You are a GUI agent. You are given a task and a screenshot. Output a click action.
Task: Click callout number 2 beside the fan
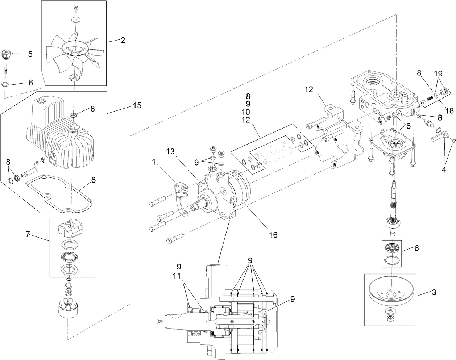[x=123, y=40]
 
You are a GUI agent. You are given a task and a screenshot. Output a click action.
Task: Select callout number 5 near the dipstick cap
[x=30, y=54]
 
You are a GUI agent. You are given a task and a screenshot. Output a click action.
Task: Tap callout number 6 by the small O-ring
[x=30, y=83]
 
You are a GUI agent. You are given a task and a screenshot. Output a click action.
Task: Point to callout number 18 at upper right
[x=449, y=111]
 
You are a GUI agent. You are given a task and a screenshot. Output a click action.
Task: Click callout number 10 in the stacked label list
[x=248, y=112]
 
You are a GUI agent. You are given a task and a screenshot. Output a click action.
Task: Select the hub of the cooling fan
[x=74, y=46]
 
